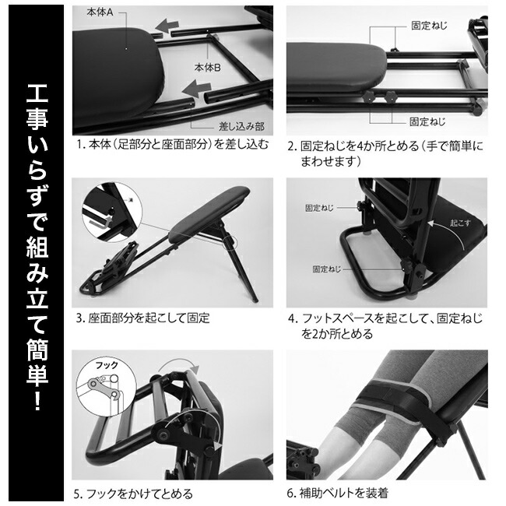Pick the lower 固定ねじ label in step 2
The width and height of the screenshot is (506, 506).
(x=427, y=121)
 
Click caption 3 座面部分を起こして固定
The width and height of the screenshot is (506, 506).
(x=142, y=318)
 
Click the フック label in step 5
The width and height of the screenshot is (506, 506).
(x=95, y=364)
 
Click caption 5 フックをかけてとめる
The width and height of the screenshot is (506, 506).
(x=133, y=493)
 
